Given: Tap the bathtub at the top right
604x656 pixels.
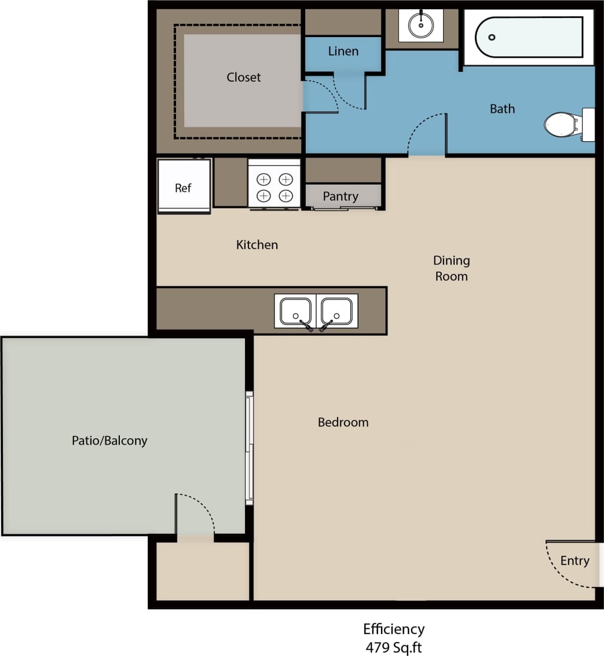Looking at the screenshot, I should [x=529, y=37].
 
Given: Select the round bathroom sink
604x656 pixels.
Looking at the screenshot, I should [x=421, y=25].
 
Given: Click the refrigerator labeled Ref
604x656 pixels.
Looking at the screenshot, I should [x=184, y=186].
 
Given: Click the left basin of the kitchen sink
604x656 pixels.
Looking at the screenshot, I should [x=295, y=311].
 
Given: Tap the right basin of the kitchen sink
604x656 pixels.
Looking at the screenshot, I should [x=336, y=311].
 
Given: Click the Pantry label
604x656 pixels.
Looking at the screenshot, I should [x=341, y=197].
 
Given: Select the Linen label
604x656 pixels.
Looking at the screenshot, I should [x=343, y=52].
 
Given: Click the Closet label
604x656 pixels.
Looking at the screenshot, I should [x=243, y=78].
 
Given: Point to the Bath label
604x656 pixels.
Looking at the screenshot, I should [x=502, y=109].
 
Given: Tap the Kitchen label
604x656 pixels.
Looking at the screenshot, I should [x=257, y=245].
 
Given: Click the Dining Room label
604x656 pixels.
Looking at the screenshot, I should [x=451, y=268].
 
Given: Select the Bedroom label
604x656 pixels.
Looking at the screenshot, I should [x=343, y=423].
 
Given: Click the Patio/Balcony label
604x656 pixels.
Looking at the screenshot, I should [x=109, y=441].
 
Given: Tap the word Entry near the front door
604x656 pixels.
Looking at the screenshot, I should [x=574, y=560].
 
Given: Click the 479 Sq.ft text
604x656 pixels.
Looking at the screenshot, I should [x=393, y=647].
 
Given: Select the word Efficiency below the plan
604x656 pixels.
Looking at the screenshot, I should [x=393, y=629].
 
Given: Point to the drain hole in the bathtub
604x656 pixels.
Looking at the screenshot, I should [x=492, y=38].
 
